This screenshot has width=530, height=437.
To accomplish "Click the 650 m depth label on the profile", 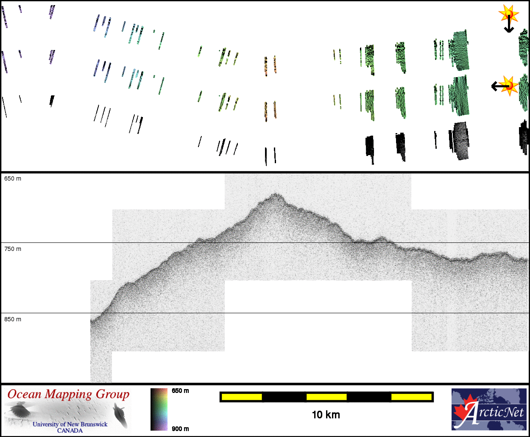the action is click(13, 179).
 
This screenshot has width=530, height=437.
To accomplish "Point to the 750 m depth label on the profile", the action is click(13, 249).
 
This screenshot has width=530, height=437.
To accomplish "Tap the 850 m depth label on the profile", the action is click(13, 319).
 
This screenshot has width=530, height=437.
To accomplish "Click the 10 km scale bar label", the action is click(326, 415).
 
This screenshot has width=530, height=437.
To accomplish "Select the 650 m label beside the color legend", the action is click(180, 391).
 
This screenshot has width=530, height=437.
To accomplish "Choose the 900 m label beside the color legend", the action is click(180, 429).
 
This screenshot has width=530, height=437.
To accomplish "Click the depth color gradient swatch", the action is click(159, 409).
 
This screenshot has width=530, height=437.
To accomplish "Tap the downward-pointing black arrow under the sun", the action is click(509, 24).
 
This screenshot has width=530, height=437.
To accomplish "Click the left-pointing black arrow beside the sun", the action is click(500, 86).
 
